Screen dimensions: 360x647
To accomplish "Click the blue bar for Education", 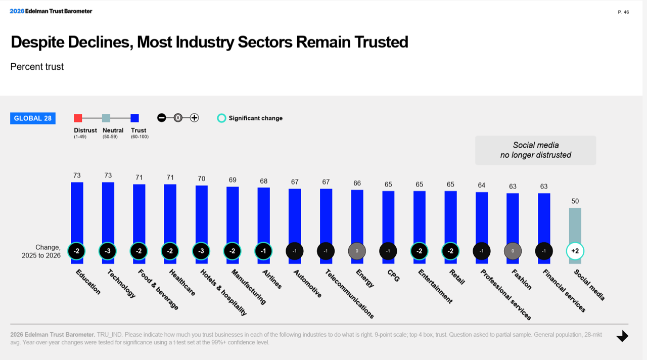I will point(77,212).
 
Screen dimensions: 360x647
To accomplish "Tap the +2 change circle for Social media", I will point(575,251).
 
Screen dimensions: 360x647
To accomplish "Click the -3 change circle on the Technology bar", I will point(108,251).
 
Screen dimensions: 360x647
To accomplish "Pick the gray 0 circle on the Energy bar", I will point(357,251).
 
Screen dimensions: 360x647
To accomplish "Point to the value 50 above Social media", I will point(575,201).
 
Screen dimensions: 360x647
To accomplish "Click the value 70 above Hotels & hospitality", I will point(201,178).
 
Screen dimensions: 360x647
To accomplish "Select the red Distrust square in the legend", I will point(78,118).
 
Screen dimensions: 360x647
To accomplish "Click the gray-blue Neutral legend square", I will point(106,118).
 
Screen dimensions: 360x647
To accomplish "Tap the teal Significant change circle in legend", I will point(221,118).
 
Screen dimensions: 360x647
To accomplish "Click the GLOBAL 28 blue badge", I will point(33,118).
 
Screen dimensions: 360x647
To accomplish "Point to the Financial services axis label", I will point(564,291).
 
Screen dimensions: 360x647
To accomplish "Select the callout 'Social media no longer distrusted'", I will point(535,150).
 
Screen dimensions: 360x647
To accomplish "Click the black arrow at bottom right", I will point(622,336).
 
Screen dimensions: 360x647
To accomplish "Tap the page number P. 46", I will point(623,12).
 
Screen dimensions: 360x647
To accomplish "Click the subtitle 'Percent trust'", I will point(37,67).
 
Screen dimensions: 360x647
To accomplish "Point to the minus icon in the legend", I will point(162,118).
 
